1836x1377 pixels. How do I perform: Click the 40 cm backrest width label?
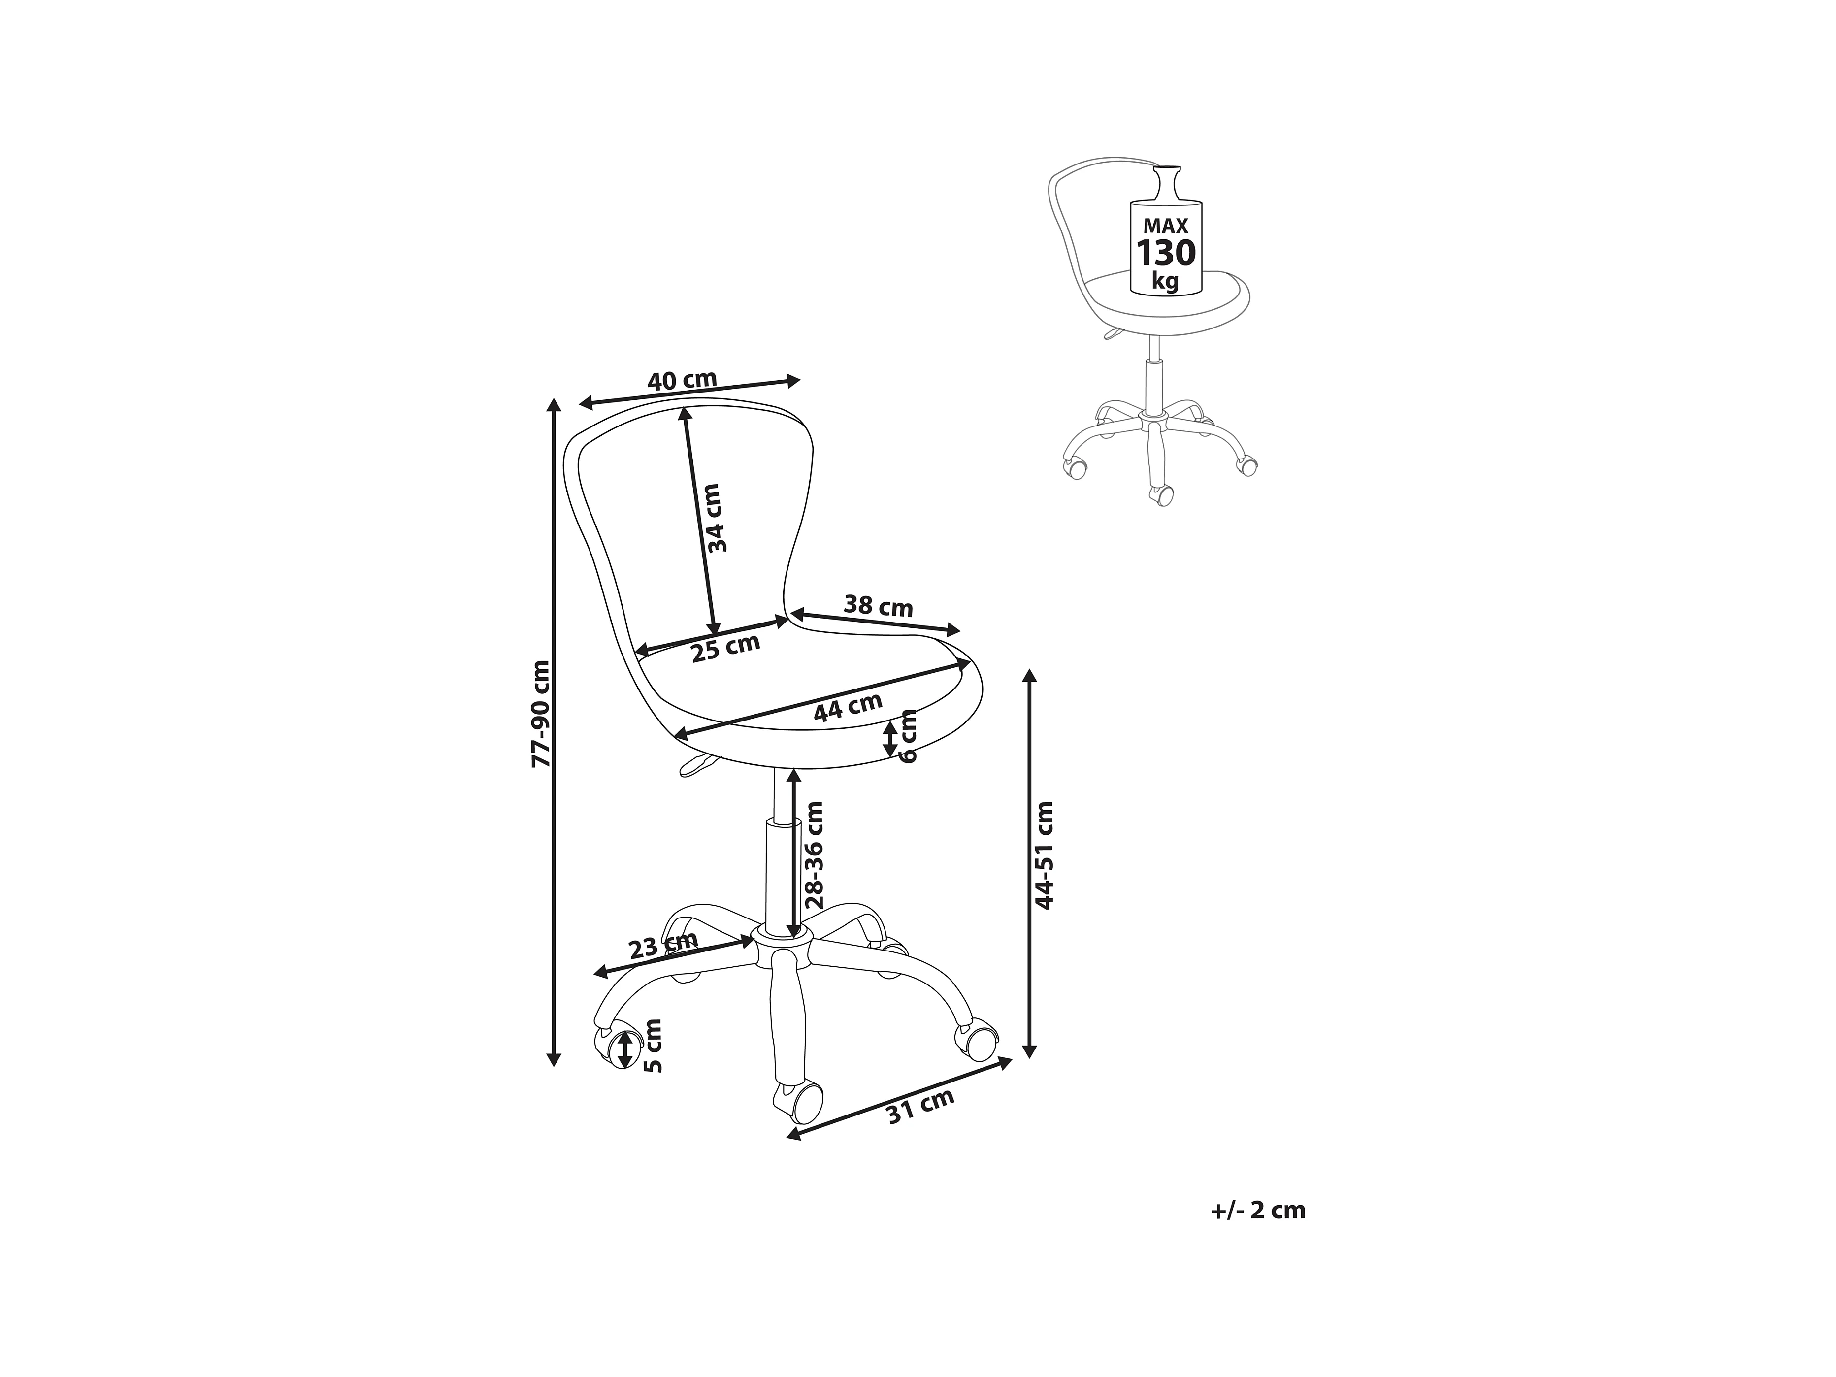click(682, 381)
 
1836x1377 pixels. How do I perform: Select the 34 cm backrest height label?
click(715, 518)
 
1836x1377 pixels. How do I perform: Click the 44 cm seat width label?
click(848, 707)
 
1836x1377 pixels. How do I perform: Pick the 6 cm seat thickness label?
click(909, 736)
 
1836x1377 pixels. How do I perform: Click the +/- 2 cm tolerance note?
click(1257, 1210)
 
